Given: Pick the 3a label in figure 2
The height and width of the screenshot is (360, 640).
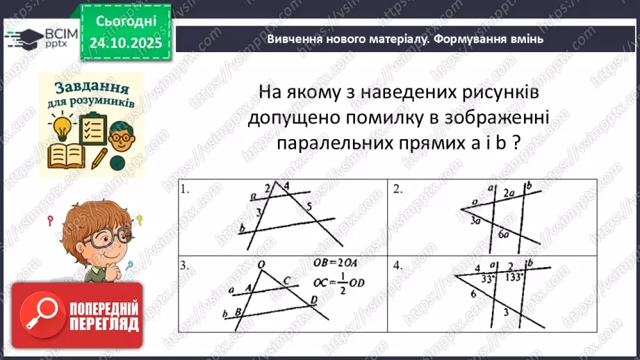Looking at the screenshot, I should point(475,221).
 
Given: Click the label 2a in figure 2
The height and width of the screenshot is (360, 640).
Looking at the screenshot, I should point(509,192).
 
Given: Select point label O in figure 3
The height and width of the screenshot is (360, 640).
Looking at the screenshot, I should point(261,264).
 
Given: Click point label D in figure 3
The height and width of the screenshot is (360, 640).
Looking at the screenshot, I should point(315,299).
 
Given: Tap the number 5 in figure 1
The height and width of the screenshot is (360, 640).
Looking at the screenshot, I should point(309,206).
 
